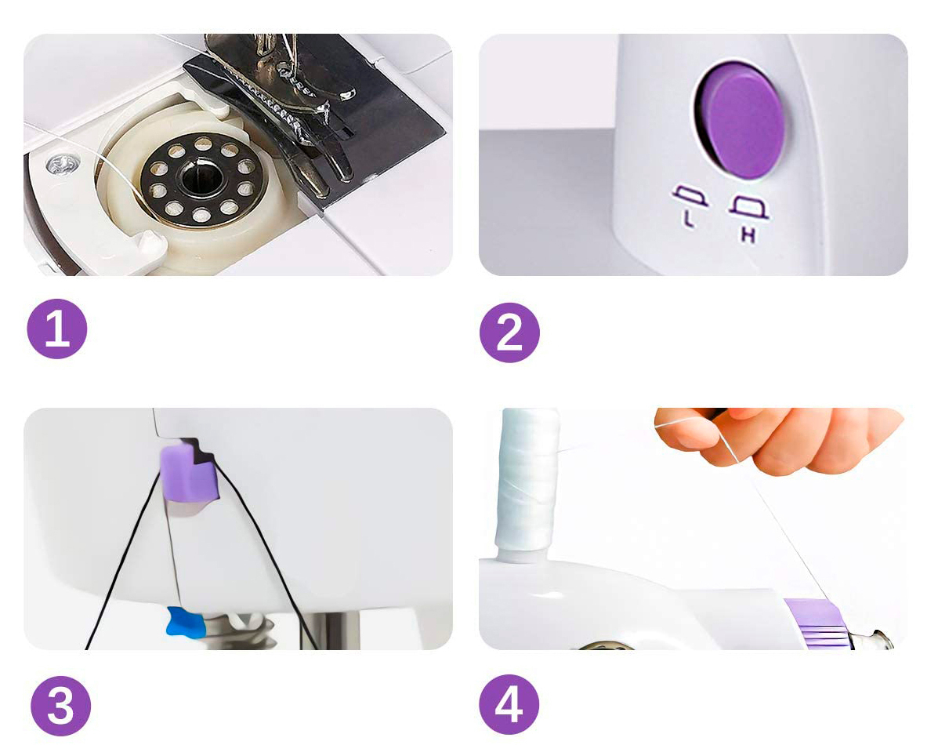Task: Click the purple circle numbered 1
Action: tap(57, 329)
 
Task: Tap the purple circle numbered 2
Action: tap(509, 333)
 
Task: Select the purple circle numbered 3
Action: tap(60, 706)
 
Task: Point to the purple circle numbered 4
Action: tap(509, 704)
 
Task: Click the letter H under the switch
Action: tap(748, 234)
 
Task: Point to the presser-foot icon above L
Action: tap(691, 196)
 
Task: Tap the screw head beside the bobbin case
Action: tap(63, 163)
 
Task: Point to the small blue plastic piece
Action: tap(186, 622)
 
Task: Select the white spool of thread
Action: tap(526, 479)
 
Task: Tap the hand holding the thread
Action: tap(777, 438)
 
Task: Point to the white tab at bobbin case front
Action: tap(146, 245)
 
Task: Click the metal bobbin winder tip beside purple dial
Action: tap(874, 640)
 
